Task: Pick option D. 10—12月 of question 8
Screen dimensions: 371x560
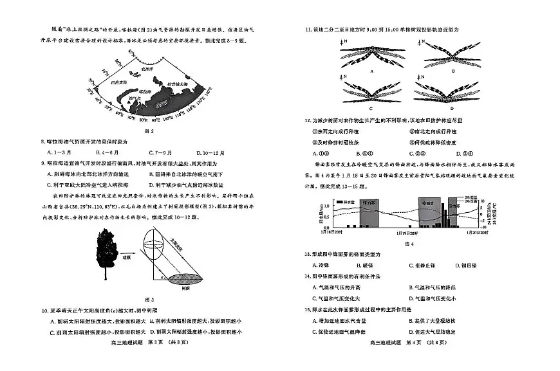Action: pos(219,152)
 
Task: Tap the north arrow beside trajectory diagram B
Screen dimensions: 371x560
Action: pos(420,43)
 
